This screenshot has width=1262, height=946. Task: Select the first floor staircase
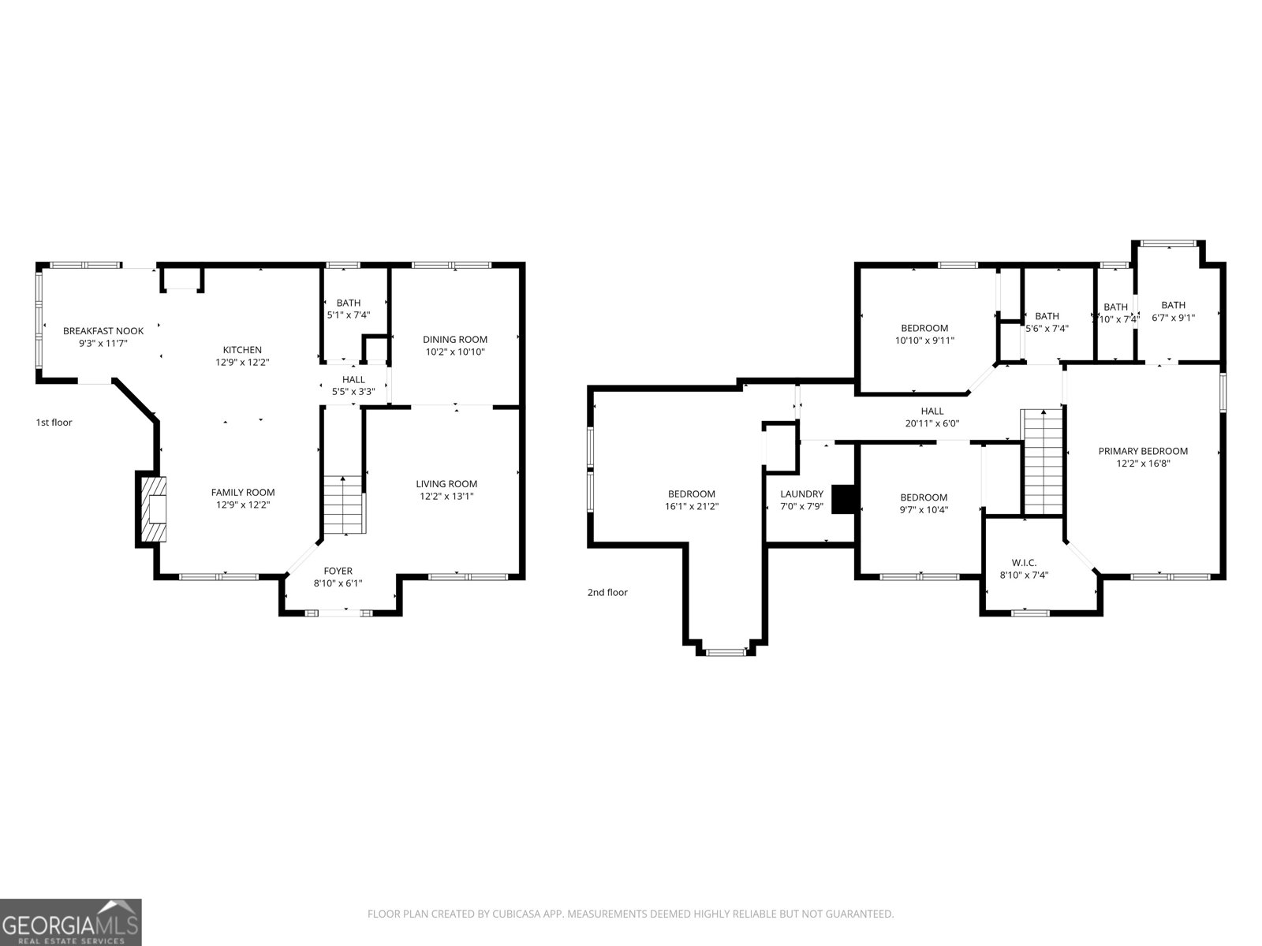pos(344,505)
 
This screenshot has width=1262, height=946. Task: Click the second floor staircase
pos(1043,461)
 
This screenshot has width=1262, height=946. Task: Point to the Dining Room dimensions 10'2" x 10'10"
pos(455,352)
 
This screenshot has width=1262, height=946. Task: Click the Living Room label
pos(446,484)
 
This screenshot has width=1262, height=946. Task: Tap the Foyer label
pos(338,571)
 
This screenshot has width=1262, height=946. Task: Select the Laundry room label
pos(801,494)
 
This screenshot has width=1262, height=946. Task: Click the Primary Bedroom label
pos(1143,451)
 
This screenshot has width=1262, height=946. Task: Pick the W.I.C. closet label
pos(1024,562)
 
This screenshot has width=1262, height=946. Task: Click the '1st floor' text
pos(54,423)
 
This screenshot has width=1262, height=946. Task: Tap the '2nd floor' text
pos(607,592)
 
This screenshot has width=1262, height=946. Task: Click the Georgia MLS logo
pos(70,922)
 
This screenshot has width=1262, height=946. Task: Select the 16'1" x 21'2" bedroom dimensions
pos(692,507)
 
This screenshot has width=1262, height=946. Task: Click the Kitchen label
pos(242,350)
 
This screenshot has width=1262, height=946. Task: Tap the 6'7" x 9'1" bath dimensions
pos(1173,318)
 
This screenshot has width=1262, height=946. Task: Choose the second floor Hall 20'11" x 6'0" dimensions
pos(932,423)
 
